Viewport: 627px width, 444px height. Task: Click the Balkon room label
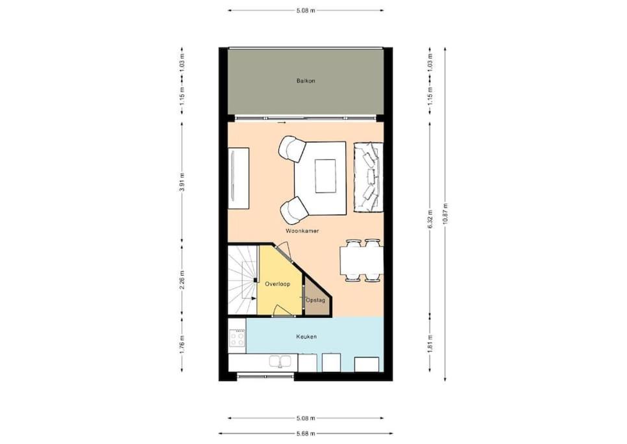(x=306, y=81)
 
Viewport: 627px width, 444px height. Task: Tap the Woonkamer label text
(x=302, y=231)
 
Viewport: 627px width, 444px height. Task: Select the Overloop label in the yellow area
(x=278, y=284)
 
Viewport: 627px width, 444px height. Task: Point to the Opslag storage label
(x=315, y=300)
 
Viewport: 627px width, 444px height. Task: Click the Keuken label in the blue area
(x=306, y=337)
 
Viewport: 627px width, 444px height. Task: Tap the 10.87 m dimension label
(x=445, y=214)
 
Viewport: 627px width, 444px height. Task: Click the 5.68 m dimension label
(x=306, y=433)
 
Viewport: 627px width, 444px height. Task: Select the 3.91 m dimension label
(x=182, y=182)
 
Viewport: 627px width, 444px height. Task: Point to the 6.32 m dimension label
(x=430, y=219)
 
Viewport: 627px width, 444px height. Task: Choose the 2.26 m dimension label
(x=182, y=280)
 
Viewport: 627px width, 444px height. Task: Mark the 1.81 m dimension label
(x=430, y=345)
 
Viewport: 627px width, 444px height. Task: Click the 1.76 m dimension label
(x=182, y=345)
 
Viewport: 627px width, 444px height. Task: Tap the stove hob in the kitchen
(x=237, y=339)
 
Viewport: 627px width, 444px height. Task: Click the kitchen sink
(x=280, y=361)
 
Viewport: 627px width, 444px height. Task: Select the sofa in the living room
(x=368, y=177)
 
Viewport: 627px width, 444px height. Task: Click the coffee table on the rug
(x=325, y=176)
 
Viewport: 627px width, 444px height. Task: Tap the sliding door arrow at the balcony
(x=282, y=122)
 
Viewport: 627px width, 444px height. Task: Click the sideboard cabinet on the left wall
(x=238, y=178)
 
